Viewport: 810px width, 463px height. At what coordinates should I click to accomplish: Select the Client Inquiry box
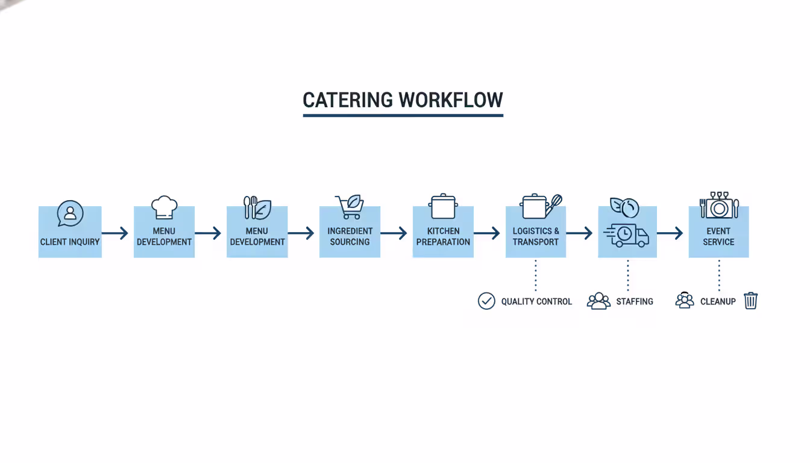pos(70,232)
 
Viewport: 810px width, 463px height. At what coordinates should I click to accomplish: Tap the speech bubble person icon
pos(70,213)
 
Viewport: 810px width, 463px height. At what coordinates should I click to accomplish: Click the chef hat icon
pos(164,207)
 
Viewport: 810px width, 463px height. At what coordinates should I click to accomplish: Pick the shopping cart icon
pos(350,207)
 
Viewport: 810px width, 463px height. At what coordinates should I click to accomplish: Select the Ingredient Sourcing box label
pos(350,236)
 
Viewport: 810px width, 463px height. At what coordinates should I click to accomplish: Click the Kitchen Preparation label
pos(443,236)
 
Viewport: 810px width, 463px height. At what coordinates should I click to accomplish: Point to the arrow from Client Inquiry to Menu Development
pos(115,233)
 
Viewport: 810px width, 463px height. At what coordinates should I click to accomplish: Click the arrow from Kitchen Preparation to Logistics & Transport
pos(487,233)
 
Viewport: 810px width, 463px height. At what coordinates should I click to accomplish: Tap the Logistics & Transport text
pos(536,236)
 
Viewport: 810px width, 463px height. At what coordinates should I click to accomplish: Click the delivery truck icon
pos(627,235)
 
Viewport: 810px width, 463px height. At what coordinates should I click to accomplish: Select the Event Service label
pos(718,236)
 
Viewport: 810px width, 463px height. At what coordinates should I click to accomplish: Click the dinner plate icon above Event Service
pos(719,207)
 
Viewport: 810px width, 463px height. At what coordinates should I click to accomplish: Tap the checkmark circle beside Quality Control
pos(486,301)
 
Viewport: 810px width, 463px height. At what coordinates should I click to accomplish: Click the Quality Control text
pos(536,301)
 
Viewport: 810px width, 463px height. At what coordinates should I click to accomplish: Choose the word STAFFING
pos(635,301)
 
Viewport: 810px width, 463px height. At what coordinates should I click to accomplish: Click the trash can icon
pos(750,300)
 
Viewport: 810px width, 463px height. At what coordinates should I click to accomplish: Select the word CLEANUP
pos(718,301)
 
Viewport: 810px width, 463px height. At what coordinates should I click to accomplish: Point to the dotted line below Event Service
pos(719,275)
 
